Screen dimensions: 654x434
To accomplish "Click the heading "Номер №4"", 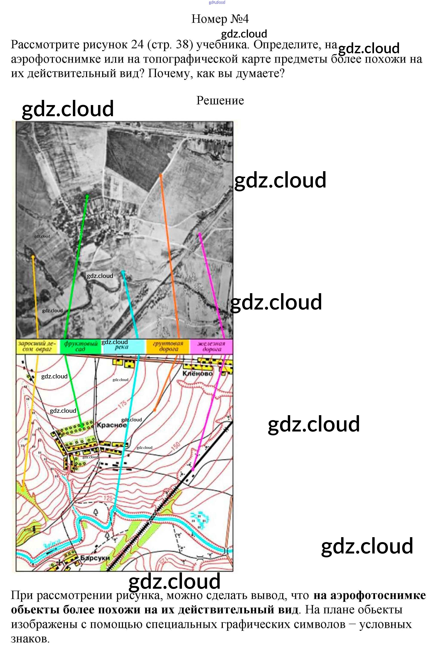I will (220, 19).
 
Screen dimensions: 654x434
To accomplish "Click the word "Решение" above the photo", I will (220, 100).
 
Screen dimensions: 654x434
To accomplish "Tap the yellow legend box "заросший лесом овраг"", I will (37, 346).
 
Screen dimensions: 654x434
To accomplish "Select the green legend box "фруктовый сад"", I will (81, 346).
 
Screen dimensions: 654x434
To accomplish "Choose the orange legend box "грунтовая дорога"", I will (168, 346).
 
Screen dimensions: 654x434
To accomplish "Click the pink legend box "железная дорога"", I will (211, 346).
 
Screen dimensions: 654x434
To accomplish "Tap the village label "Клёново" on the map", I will (197, 374).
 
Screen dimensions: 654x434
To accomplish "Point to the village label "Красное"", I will (112, 425).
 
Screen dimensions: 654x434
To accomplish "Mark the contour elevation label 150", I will (175, 446).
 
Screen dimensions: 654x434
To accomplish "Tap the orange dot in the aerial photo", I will (160, 175).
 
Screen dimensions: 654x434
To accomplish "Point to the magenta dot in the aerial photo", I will (199, 234).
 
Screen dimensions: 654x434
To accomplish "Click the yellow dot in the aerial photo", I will (33, 257).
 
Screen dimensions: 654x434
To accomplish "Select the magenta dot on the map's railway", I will (193, 469).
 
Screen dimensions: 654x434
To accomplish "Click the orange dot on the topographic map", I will (155, 410).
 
